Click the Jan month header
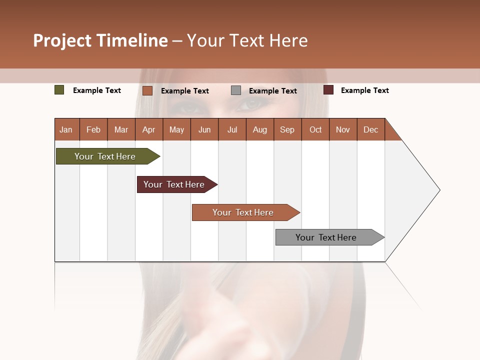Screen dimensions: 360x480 [66, 129]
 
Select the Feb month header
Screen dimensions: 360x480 [93, 129]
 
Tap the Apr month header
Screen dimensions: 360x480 [148, 129]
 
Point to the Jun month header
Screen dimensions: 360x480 [204, 129]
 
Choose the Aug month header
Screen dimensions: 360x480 [259, 129]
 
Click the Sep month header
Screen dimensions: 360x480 [287, 129]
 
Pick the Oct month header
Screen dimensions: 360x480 [315, 129]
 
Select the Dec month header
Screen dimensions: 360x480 [370, 129]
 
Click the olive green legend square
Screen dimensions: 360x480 [59, 90]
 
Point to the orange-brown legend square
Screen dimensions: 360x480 [147, 90]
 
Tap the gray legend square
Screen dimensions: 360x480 [236, 90]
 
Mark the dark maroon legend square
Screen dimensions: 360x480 [328, 90]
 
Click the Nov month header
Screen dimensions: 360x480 [342, 129]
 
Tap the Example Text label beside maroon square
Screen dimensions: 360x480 [364, 90]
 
